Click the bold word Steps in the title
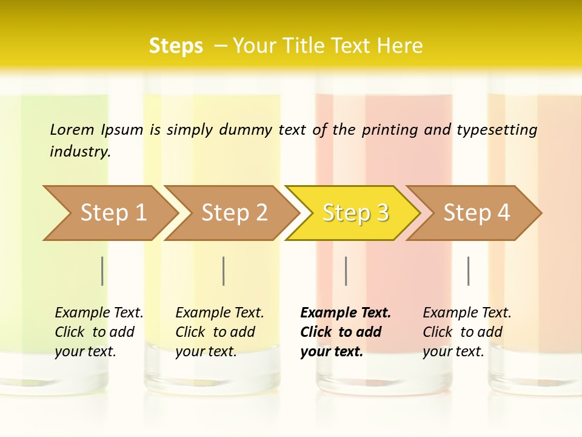point(176,46)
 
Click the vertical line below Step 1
point(102,271)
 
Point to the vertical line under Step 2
point(224,271)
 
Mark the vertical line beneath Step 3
point(346,271)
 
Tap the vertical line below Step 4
point(468,271)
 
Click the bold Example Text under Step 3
point(346,313)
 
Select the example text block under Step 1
point(99,332)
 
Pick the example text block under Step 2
point(219,332)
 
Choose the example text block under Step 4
point(467,332)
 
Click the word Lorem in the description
point(72,129)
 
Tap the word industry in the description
point(79,152)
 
